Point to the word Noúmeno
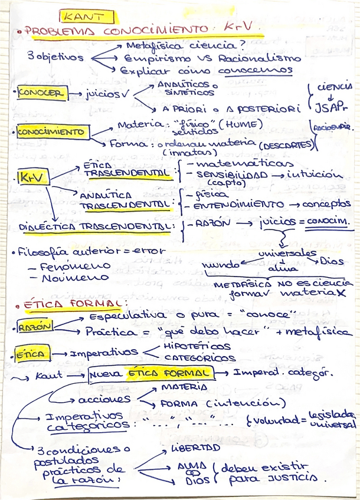click(x=68, y=278)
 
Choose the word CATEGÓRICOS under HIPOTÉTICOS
click(x=200, y=358)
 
